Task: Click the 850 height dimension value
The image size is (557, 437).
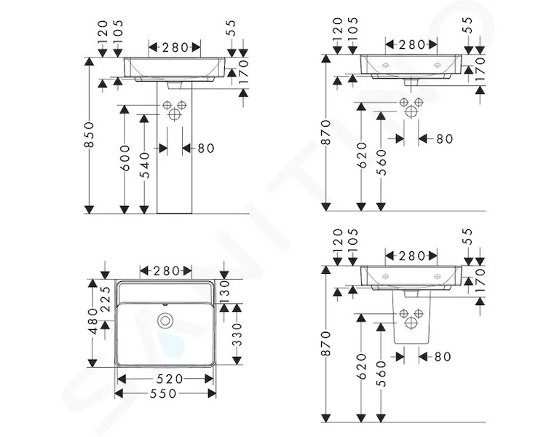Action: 90,134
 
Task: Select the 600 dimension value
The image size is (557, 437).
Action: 125,158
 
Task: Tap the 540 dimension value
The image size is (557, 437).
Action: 145,165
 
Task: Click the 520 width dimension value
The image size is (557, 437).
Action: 170,379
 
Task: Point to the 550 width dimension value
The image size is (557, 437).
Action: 164,393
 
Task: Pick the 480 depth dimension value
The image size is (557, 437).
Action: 93,321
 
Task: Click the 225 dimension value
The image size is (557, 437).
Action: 106,299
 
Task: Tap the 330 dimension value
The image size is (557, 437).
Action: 237,334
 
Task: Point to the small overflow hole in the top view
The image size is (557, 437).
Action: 165,304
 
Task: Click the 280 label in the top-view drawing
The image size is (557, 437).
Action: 166,271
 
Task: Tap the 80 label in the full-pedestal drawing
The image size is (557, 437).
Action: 206,148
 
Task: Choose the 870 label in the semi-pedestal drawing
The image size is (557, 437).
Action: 326,344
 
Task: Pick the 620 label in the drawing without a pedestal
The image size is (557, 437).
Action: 361,155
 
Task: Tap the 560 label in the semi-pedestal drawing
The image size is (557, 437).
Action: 381,374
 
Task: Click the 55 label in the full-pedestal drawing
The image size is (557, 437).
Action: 231,28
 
